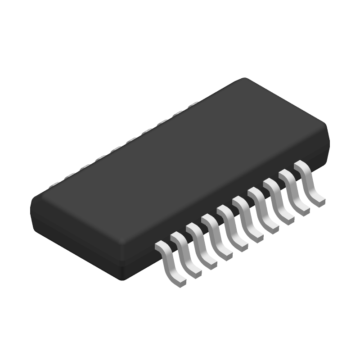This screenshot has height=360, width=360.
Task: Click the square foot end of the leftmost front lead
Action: [x=180, y=282]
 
